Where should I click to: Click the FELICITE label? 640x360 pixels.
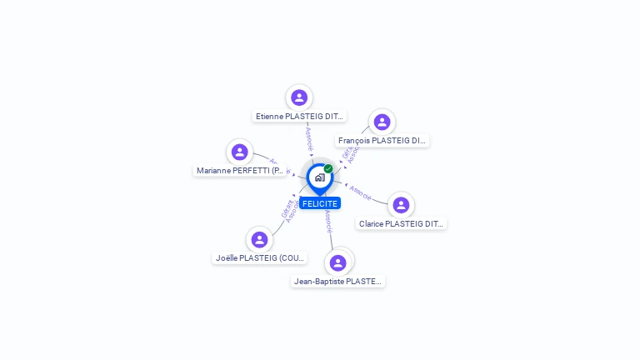click(320, 203)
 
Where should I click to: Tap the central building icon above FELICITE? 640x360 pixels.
click(319, 177)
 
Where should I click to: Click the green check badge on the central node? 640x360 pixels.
click(328, 168)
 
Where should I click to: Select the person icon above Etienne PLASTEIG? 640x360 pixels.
click(299, 97)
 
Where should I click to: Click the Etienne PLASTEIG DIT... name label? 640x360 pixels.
click(300, 117)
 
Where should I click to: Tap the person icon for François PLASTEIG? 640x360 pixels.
click(382, 122)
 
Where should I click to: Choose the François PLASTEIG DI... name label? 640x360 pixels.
click(382, 141)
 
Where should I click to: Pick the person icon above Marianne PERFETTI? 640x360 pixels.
click(240, 152)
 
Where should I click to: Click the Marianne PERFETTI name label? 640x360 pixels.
click(241, 171)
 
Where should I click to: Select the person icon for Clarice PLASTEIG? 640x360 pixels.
click(401, 205)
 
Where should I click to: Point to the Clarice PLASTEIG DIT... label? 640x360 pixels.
click(402, 224)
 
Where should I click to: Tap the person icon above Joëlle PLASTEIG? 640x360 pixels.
click(260, 239)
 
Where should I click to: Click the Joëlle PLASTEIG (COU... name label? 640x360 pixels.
click(260, 258)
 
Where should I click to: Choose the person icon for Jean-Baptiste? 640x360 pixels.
click(337, 262)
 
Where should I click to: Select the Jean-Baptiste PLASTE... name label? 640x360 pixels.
click(338, 282)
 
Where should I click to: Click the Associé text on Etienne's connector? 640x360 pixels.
click(308, 137)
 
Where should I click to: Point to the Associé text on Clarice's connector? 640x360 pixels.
click(361, 192)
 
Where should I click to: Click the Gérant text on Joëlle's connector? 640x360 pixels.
click(287, 208)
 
